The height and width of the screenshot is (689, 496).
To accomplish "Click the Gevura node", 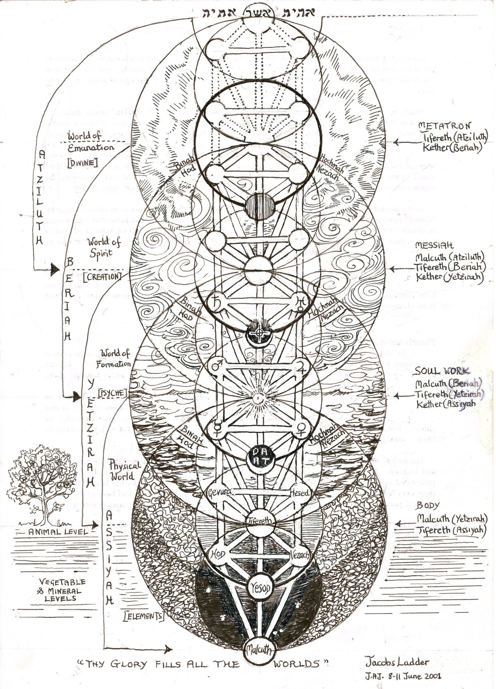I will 219,493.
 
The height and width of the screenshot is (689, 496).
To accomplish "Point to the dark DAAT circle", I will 258,457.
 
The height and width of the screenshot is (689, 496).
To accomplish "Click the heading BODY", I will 427,505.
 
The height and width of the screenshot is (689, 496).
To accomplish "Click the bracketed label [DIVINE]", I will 83,163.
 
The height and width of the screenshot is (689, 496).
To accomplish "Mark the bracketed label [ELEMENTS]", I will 143,616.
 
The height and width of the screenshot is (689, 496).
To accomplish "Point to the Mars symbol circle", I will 217,366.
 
